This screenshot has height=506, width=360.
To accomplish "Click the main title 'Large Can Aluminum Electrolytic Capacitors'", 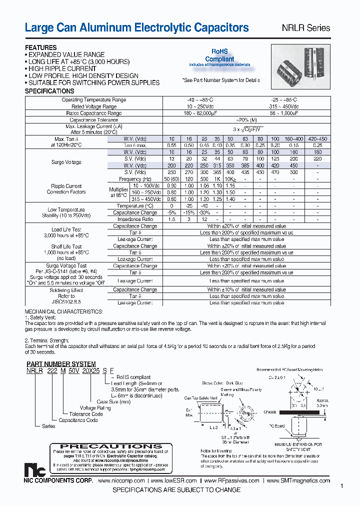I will click(136, 28).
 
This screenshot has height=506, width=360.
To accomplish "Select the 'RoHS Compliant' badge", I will click(219, 55).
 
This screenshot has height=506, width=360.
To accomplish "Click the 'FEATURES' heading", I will click(41, 48).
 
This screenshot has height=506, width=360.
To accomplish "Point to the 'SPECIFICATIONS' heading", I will click(49, 91).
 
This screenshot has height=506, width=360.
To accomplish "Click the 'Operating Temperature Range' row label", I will click(94, 100).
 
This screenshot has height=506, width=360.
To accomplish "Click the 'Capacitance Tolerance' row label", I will click(94, 120).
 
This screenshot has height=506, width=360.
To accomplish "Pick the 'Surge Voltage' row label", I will click(66, 162).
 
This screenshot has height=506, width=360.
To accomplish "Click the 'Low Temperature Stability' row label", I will click(66, 212).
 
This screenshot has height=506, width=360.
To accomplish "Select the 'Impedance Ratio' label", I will click(135, 219).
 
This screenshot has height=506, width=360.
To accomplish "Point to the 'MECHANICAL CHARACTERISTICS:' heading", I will click(57, 310).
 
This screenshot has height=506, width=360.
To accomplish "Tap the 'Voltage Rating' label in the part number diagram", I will click(96, 407).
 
